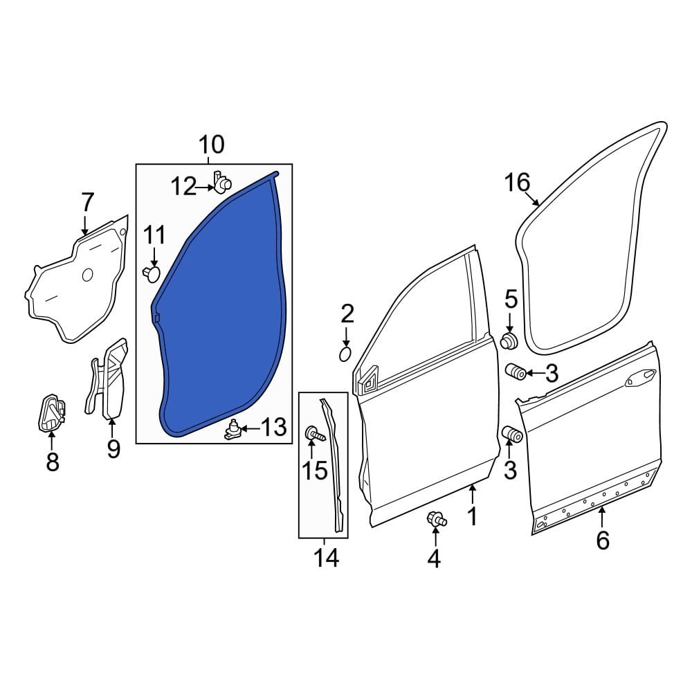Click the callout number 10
click(212, 145)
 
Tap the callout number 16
click(517, 183)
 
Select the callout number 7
click(86, 203)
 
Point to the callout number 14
click(327, 557)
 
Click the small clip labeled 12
click(222, 183)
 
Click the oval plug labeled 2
click(346, 354)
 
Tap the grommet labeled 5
click(510, 341)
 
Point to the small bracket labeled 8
click(51, 414)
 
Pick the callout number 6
click(602, 540)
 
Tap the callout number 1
click(472, 516)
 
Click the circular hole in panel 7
click(87, 275)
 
